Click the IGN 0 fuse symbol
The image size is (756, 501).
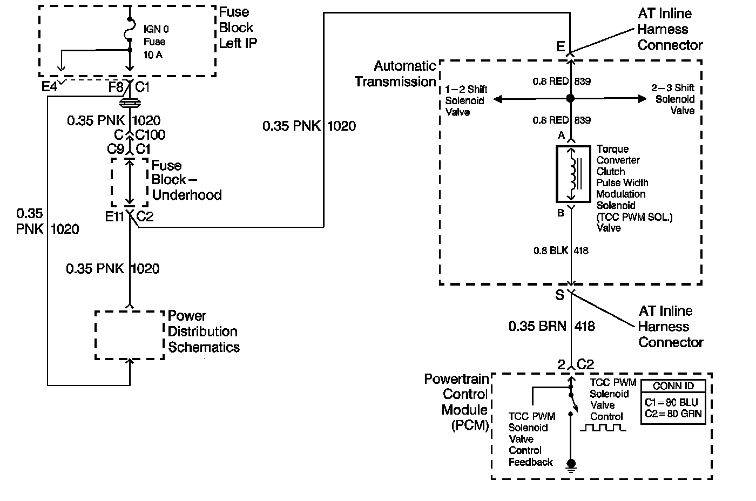(x=129, y=30)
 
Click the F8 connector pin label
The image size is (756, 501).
(x=116, y=86)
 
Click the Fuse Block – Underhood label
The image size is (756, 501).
(x=186, y=180)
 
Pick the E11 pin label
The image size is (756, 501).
(x=114, y=217)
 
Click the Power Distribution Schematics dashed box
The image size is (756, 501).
(x=130, y=335)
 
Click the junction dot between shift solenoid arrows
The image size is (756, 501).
(x=570, y=99)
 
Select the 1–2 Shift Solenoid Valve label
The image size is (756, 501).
(x=466, y=100)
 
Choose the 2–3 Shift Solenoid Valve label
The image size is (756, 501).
(x=673, y=99)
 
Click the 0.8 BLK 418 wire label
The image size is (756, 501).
(x=561, y=250)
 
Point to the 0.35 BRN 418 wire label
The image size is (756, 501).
(x=551, y=326)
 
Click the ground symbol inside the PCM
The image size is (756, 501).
(x=571, y=464)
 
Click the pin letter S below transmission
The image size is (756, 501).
(x=559, y=295)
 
